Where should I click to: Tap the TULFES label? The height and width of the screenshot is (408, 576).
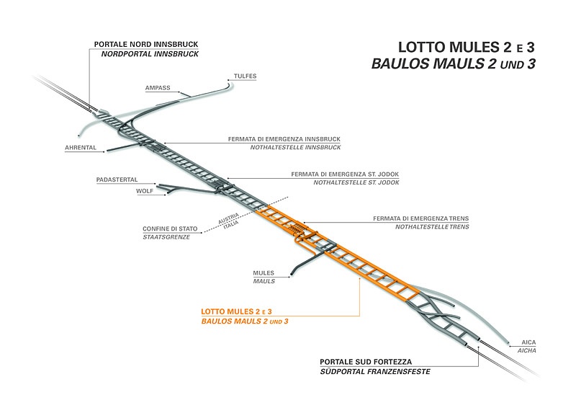pyautogui.click(x=246, y=76)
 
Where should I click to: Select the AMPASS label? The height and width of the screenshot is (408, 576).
pyautogui.click(x=158, y=88)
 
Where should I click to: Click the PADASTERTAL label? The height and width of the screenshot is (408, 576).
pyautogui.click(x=117, y=179)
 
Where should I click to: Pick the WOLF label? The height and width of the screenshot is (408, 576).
pyautogui.click(x=145, y=192)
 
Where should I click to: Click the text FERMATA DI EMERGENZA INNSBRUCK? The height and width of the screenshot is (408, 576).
pyautogui.click(x=279, y=138)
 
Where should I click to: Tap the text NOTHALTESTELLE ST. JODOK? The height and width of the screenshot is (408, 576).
pyautogui.click(x=356, y=183)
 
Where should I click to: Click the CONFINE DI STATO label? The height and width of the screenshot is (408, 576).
pyautogui.click(x=167, y=229)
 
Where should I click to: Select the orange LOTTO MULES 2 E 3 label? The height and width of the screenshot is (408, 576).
pyautogui.click(x=235, y=311)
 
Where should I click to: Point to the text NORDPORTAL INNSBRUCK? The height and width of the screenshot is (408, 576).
pyautogui.click(x=145, y=54)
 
